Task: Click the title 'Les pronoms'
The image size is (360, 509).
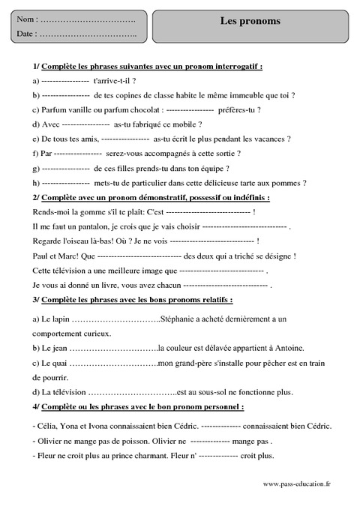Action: click(x=250, y=21)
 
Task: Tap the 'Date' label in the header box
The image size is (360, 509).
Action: click(x=25, y=34)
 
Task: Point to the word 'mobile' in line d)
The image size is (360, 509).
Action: click(x=184, y=124)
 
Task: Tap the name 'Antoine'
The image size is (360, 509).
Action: click(x=286, y=348)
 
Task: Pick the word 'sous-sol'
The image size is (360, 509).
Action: click(x=217, y=392)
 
